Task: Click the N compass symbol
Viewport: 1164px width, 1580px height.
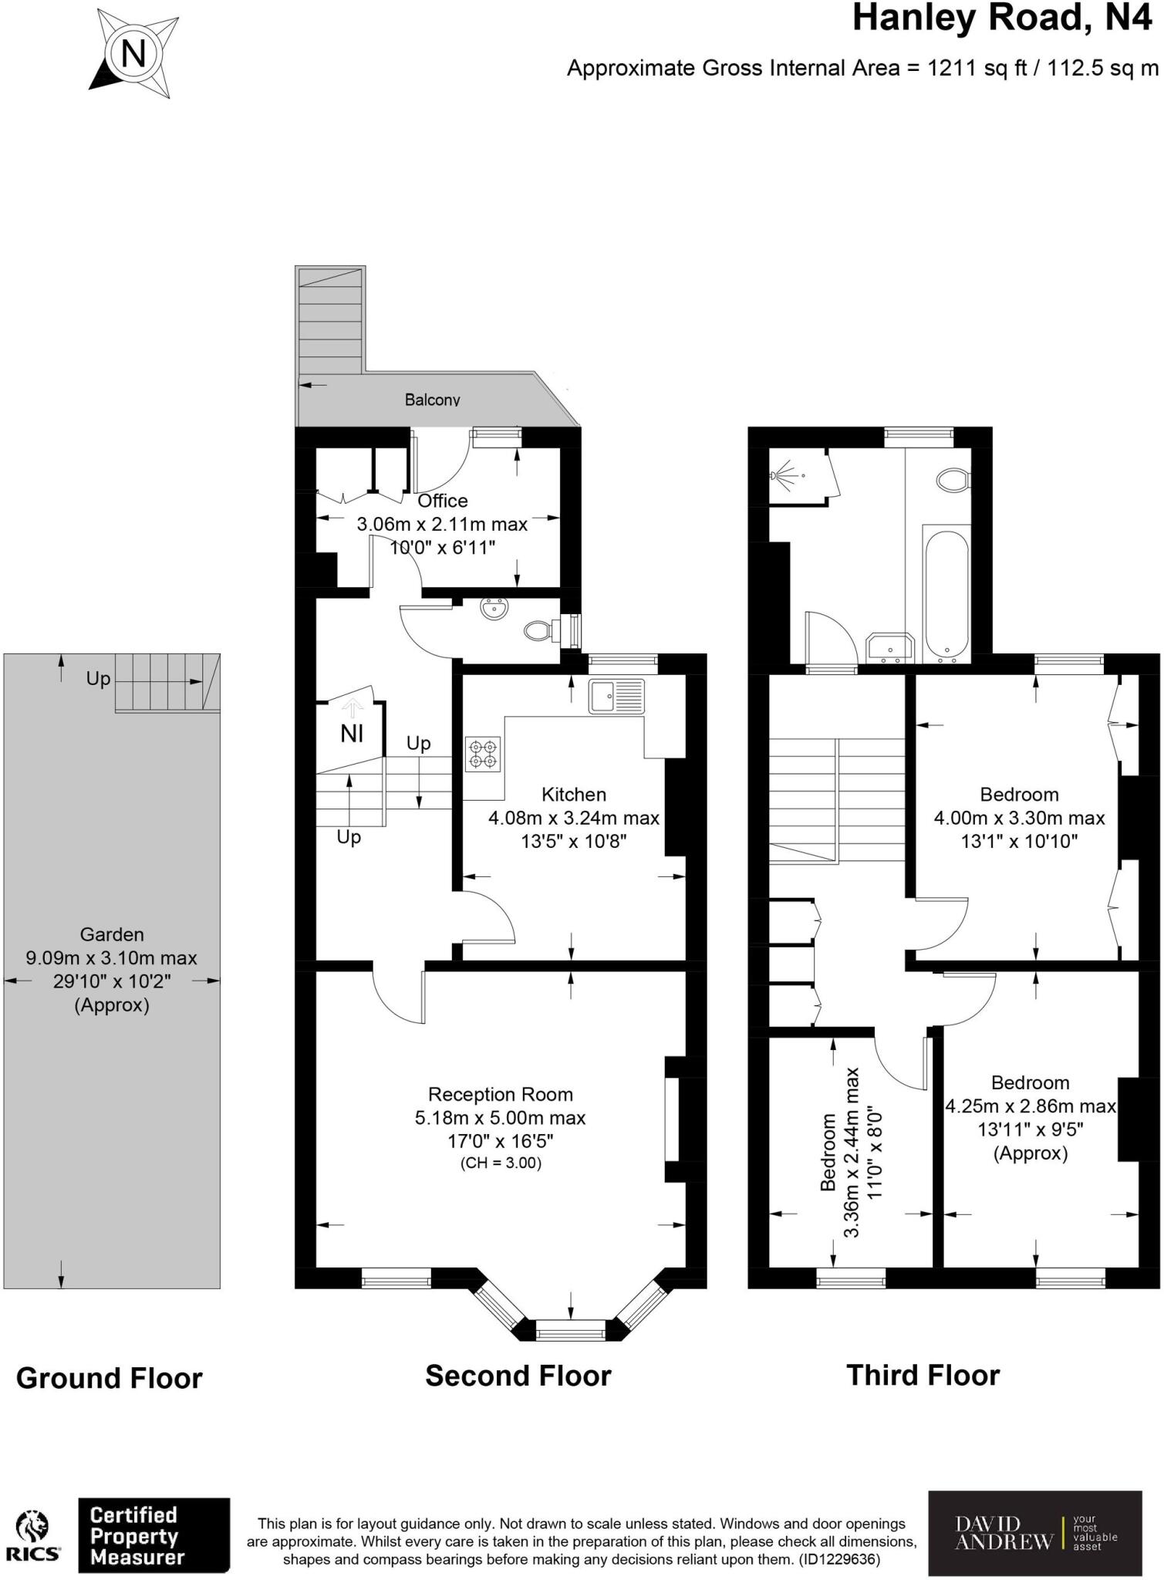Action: click(x=133, y=54)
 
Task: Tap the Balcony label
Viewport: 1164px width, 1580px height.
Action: click(x=432, y=400)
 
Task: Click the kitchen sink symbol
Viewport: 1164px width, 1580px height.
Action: click(x=616, y=695)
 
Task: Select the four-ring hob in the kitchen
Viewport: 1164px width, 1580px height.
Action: click(x=483, y=754)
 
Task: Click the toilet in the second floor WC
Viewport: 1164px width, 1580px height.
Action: click(x=538, y=630)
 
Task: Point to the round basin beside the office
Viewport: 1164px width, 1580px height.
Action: click(x=491, y=609)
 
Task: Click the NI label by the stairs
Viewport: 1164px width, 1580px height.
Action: click(x=352, y=733)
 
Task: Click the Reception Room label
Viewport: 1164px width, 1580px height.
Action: click(x=500, y=1094)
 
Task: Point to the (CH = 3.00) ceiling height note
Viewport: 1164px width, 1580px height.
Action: click(x=500, y=1163)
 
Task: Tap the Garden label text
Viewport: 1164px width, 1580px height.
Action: click(x=112, y=934)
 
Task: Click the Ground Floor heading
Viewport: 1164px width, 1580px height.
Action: click(x=109, y=1378)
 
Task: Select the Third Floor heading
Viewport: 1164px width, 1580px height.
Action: click(x=923, y=1375)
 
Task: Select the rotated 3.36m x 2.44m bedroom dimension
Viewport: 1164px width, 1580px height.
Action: click(x=852, y=1153)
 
